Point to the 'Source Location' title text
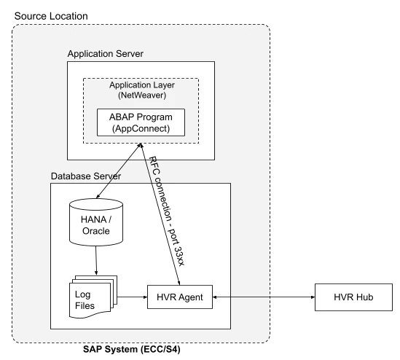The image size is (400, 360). [x=51, y=16]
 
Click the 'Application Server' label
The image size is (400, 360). [x=105, y=54]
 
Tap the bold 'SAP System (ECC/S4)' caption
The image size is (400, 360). [x=133, y=350]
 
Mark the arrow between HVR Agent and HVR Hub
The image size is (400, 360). [x=262, y=297]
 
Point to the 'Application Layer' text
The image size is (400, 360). [x=141, y=85]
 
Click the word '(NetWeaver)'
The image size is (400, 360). [x=141, y=96]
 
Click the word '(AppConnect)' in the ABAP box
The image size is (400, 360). [x=141, y=129]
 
